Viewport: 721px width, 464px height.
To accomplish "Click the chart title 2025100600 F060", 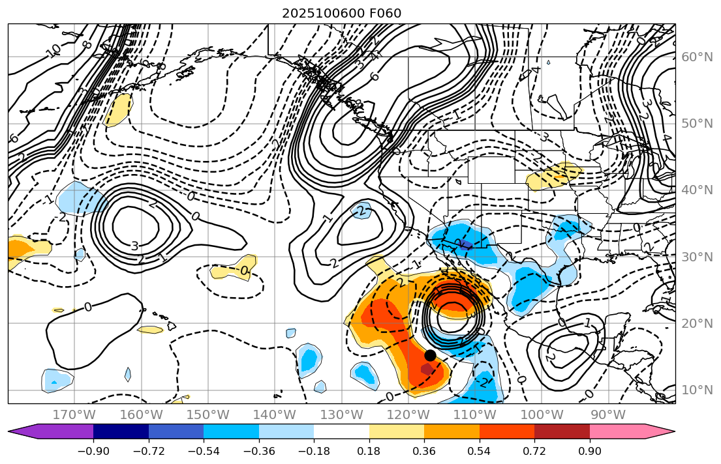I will pos(341,13).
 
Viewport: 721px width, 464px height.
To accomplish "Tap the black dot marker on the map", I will pos(430,355).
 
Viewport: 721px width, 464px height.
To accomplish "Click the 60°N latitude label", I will pos(697,57).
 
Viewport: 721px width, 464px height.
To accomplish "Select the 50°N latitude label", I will pos(697,124).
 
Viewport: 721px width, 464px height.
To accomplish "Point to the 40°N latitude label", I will pos(697,190).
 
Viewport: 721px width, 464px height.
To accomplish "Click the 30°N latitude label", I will pos(697,257).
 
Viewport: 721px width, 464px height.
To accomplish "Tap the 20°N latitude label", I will pos(697,323).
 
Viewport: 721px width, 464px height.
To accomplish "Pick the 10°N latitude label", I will pos(697,390).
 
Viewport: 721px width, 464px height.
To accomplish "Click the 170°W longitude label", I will pos(74,414).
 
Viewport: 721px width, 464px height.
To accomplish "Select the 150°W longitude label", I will pos(208,414).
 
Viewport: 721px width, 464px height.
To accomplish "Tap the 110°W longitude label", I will pos(475,414).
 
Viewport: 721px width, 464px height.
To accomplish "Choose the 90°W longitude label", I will pos(608,414).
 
